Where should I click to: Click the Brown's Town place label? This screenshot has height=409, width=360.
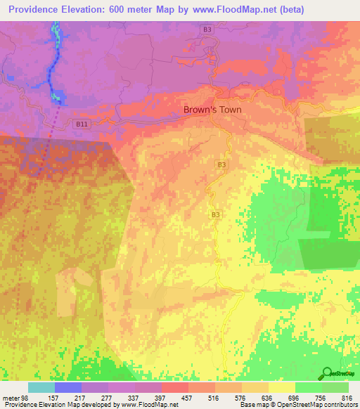click(212, 110)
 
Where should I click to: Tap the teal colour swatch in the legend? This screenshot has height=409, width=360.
click(41, 387)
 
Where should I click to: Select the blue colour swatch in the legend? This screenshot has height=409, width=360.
click(67, 387)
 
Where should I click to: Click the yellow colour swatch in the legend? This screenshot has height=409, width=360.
click(282, 387)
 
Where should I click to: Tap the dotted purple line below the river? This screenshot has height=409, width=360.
click(47, 141)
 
